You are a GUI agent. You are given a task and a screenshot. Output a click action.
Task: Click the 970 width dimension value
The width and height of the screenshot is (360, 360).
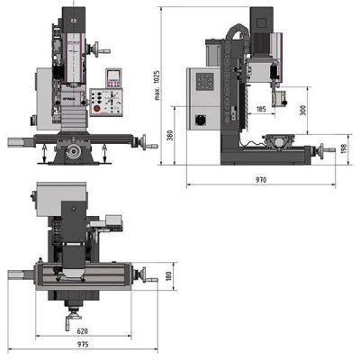pos(261,180)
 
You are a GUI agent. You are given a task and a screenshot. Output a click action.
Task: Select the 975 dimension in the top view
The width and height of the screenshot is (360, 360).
pos(82,345)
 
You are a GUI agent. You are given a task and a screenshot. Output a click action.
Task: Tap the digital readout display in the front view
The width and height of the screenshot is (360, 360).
pos(114,76)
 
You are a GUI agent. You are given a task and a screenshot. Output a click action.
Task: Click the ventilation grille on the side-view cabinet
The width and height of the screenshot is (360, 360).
pos(204,83)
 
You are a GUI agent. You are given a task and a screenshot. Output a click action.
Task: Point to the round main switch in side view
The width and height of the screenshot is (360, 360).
pos(201,119)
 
